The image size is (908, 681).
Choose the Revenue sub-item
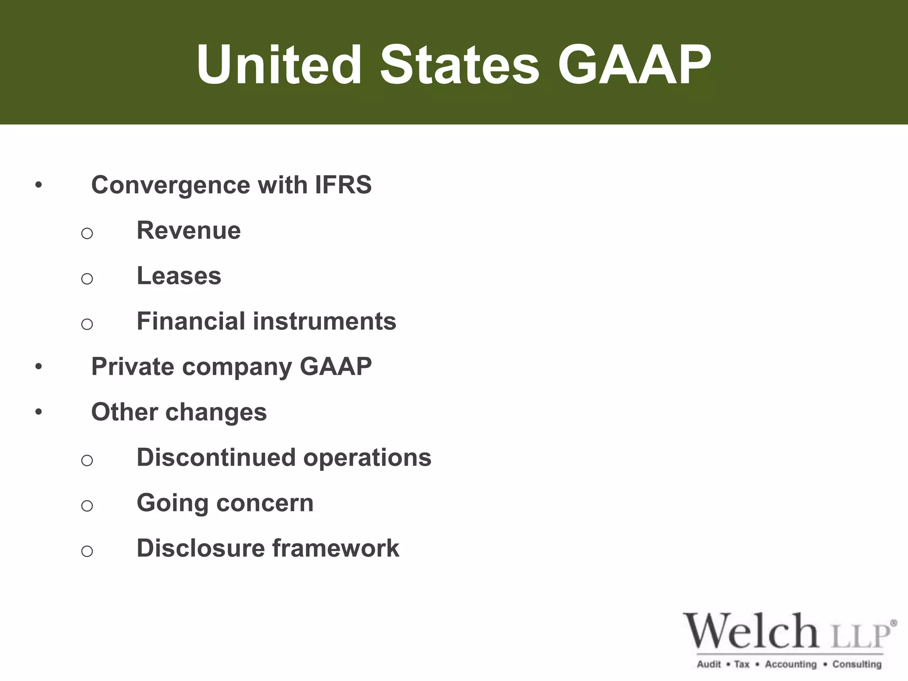(188, 231)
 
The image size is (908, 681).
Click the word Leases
(179, 276)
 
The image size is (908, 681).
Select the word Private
(133, 367)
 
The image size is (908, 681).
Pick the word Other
(124, 412)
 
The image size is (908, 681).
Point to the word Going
(172, 504)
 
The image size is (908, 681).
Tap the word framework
(335, 548)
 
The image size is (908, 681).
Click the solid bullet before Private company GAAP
(39, 367)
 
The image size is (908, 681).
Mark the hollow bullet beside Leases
(87, 278)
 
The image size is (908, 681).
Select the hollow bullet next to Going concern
(87, 505)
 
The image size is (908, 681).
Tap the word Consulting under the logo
(857, 664)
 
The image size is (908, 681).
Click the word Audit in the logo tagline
(709, 664)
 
